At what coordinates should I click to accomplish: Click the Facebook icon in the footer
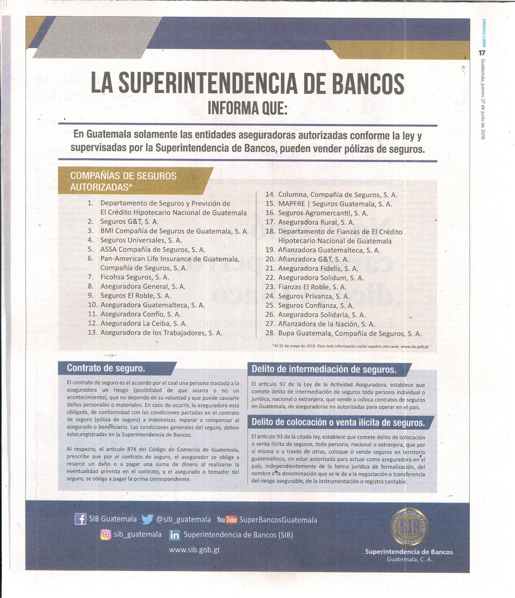(x=80, y=519)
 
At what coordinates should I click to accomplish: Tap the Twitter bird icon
(x=147, y=519)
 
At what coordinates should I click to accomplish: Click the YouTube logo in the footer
(x=227, y=520)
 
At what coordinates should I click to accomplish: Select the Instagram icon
(x=105, y=534)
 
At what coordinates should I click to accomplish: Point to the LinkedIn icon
(x=175, y=535)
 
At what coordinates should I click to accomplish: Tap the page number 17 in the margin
(x=482, y=53)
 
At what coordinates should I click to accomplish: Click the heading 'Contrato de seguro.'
(x=106, y=368)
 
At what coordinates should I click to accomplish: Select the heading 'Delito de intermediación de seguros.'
(x=324, y=369)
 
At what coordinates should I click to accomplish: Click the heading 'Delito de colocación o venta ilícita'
(x=338, y=422)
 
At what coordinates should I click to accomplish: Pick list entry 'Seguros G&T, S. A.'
(x=129, y=222)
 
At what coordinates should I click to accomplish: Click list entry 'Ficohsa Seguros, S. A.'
(x=135, y=277)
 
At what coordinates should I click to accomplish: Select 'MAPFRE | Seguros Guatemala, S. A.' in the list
(x=335, y=204)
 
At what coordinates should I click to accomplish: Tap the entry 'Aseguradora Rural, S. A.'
(x=316, y=223)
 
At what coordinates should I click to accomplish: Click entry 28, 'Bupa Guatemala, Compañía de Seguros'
(x=349, y=334)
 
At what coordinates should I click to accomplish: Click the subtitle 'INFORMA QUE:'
(x=247, y=108)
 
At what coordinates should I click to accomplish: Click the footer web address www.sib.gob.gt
(x=194, y=550)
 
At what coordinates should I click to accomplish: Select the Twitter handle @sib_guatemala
(x=183, y=519)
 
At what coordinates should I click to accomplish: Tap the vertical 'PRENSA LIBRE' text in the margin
(x=483, y=34)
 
